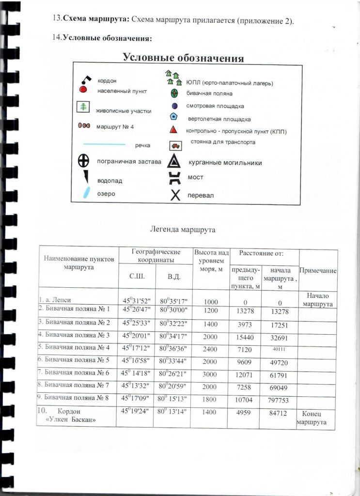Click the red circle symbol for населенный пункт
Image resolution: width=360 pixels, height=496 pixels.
pos(83,90)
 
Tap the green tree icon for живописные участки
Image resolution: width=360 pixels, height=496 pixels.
pos(83,108)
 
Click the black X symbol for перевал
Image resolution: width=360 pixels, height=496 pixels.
pos(175,195)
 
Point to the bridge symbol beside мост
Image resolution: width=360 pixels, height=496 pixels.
pos(174,178)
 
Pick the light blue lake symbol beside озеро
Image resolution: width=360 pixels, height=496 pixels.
pos(87,193)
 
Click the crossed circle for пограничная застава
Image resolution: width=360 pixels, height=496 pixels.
pos(84,161)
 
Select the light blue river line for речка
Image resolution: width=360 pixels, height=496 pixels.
pos(105,144)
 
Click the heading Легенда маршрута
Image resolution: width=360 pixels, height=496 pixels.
pos(183,229)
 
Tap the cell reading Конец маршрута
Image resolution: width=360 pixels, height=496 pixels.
pos(315,418)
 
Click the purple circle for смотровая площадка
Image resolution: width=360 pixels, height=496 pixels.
pos(174,106)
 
